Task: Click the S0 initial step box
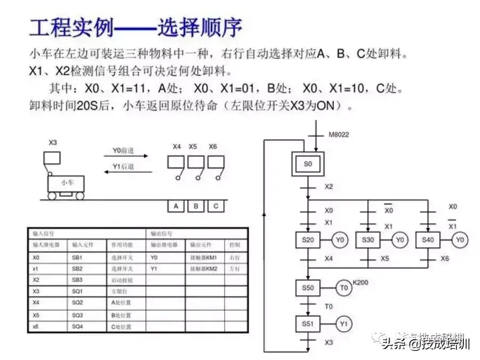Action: (x=308, y=164)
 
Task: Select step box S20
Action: (x=308, y=240)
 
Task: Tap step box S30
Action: (x=368, y=240)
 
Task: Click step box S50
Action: (x=308, y=288)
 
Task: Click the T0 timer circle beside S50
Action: (x=344, y=288)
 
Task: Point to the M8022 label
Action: (x=339, y=135)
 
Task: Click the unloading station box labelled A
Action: (x=176, y=206)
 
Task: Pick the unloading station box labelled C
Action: (x=215, y=206)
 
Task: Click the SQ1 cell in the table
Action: (x=78, y=291)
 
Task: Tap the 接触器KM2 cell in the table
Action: (x=204, y=269)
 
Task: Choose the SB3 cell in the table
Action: (x=78, y=280)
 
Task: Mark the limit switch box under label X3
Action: (x=52, y=157)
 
